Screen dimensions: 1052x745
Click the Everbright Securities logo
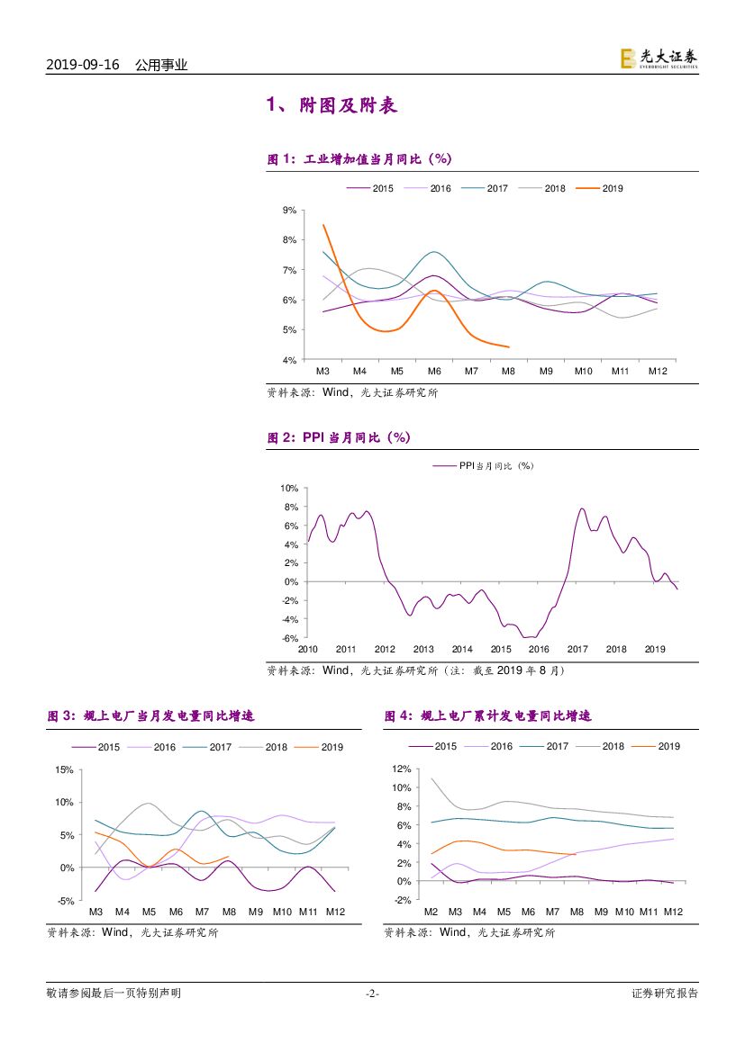point(659,58)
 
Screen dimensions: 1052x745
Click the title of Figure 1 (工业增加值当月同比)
point(359,159)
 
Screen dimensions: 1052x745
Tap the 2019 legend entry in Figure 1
point(601,189)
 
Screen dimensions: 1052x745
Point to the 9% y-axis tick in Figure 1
point(290,211)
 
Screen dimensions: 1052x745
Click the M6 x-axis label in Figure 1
point(433,371)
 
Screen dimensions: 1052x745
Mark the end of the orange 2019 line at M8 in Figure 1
point(509,346)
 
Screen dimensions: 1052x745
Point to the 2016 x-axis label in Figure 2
point(539,649)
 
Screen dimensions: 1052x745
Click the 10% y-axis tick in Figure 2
point(288,489)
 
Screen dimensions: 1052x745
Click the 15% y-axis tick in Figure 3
point(64,769)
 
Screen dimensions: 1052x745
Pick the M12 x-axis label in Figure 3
point(335,911)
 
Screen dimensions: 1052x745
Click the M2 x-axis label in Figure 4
point(431,911)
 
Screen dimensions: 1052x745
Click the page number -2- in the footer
point(372,994)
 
